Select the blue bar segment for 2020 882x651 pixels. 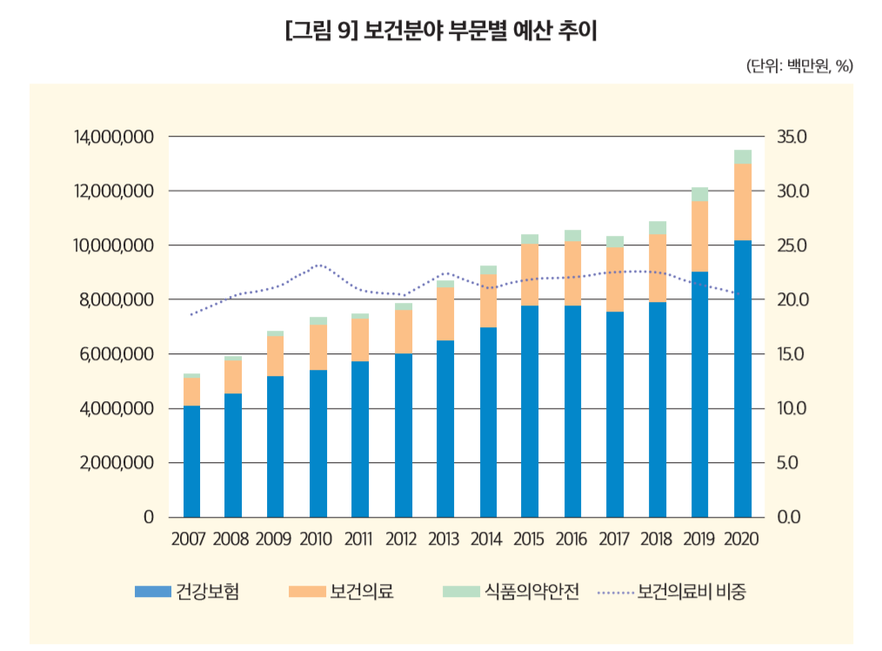pos(743,379)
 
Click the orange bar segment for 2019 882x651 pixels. pos(700,236)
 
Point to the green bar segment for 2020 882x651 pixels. pos(743,157)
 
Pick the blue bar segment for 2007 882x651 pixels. pos(191,461)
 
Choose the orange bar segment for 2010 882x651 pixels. pos(318,347)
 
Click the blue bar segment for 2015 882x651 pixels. pos(531,411)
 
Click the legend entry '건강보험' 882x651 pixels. pos(187,593)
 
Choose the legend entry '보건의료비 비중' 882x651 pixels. pos(672,593)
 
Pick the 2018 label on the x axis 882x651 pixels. pos(658,539)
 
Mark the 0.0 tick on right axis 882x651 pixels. pos(793,517)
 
